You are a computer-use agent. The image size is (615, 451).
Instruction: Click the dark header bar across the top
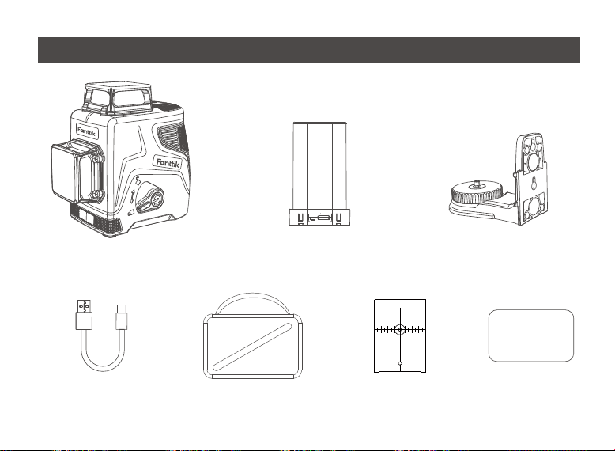[x=308, y=50]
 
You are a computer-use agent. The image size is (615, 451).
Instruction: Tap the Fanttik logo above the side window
[x=87, y=131]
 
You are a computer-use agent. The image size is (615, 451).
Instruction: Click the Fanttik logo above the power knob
[x=168, y=162]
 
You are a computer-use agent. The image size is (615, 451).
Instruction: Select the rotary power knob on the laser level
[x=150, y=198]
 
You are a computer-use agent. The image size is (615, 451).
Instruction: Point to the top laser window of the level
[x=118, y=97]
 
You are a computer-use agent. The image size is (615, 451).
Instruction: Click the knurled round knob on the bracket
[x=477, y=192]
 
